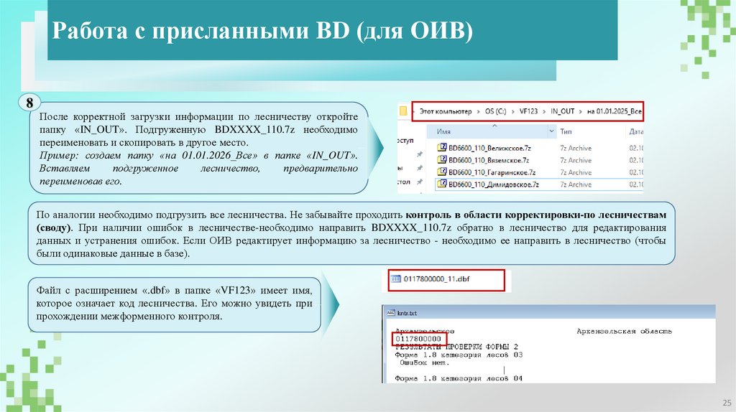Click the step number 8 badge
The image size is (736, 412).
point(29,103)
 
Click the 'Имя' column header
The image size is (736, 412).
point(443,132)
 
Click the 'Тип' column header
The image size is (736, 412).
point(566,132)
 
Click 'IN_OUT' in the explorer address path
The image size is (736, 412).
point(563,112)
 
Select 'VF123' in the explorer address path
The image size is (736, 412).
point(528,112)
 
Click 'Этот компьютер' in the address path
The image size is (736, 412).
point(445,112)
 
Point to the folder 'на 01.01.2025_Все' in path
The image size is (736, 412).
point(613,112)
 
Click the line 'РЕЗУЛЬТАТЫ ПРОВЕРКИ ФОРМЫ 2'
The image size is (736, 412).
point(456,347)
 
